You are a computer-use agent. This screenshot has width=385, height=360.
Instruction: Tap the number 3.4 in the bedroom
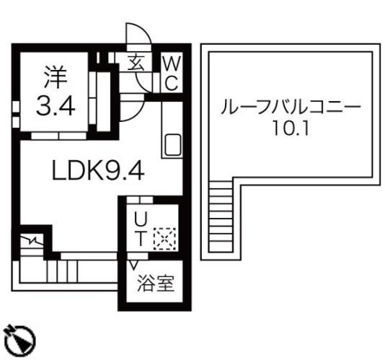pos(55,107)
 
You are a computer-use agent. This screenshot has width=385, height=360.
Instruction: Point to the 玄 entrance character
pos(136,61)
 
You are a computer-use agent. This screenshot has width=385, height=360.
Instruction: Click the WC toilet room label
pos(170,73)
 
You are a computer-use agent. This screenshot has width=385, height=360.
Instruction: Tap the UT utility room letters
pos(141,228)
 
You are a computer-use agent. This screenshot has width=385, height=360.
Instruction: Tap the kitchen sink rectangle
pos(172,146)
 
